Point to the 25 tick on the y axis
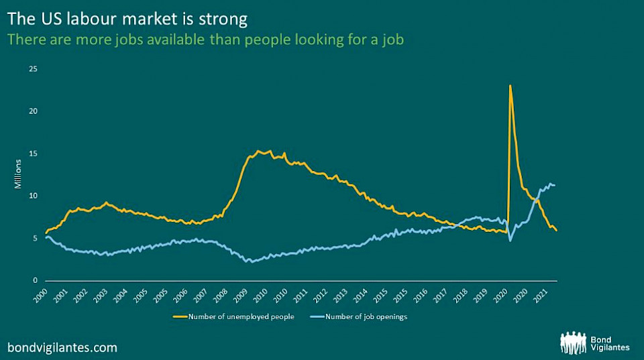pos(33,69)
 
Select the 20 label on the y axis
pos(33,111)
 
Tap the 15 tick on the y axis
pos(33,154)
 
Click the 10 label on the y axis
pos(33,196)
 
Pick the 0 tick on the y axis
pos(35,280)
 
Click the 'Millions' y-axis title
pos(19,175)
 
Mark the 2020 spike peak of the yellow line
pos(511,86)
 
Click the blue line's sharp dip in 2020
pos(511,240)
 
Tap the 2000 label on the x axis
pos(40,294)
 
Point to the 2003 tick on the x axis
pos(99,294)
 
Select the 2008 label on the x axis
pos(219,294)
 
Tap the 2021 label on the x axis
pos(538,294)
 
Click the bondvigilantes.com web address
pos(62,347)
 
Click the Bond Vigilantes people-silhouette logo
pos(573,342)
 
